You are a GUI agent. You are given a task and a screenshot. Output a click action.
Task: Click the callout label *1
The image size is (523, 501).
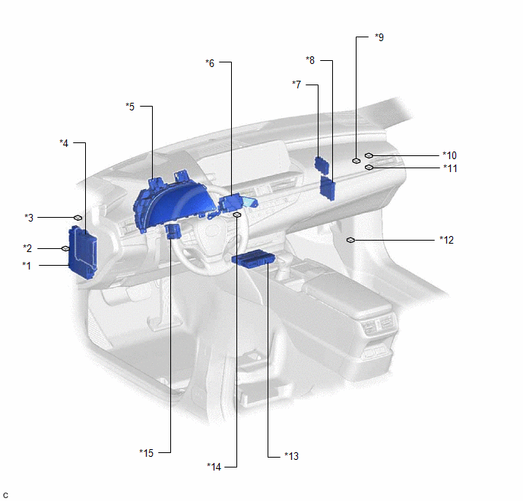(x=27, y=266)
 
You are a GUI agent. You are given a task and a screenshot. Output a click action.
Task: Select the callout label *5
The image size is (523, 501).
(x=130, y=107)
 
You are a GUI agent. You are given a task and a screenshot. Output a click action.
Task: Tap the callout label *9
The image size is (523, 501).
(x=379, y=37)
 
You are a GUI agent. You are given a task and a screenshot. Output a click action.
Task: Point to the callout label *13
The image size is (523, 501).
(x=291, y=456)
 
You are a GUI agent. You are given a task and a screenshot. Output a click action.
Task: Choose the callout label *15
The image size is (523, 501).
(x=147, y=453)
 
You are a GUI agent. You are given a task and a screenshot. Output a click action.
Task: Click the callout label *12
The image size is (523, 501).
(x=447, y=240)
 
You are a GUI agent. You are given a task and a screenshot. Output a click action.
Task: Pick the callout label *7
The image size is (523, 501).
(x=296, y=85)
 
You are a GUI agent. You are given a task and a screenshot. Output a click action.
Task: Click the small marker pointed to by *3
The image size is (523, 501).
(x=78, y=218)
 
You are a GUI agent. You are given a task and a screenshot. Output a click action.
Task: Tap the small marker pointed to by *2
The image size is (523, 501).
(x=65, y=248)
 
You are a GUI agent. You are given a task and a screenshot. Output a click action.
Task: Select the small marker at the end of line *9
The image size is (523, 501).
(x=357, y=161)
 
